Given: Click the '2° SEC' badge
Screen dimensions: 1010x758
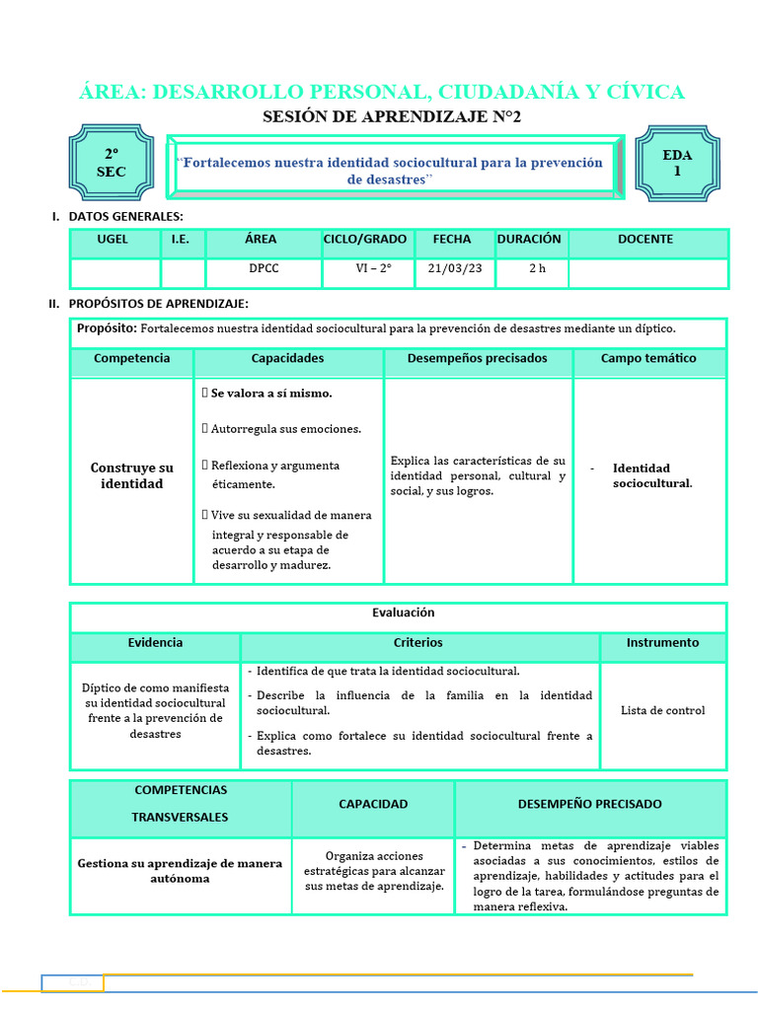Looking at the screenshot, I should (111, 164).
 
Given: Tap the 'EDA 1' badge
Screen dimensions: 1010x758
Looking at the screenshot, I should (677, 163).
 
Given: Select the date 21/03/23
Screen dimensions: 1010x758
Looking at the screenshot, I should (449, 268).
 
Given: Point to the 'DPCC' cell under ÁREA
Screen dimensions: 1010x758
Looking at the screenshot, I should (263, 268).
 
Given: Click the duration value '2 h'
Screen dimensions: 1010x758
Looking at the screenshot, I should (536, 268).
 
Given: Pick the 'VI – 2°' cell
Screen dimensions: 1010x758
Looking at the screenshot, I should (373, 268).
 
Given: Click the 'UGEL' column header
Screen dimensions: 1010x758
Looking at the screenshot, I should (113, 240).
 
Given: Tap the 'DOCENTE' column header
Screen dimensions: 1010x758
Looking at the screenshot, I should (645, 240).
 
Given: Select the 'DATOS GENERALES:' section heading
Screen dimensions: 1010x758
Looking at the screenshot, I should (125, 217).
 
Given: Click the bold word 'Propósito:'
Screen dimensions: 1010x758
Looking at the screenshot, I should (108, 328).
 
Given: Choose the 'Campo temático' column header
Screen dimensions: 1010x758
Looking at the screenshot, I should (648, 359).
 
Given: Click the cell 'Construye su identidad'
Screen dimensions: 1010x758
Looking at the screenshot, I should (131, 476).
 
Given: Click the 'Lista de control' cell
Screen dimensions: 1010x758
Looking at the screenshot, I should (662, 710).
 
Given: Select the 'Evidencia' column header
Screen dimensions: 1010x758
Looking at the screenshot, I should (155, 643).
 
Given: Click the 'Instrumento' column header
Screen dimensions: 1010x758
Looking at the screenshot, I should (662, 643).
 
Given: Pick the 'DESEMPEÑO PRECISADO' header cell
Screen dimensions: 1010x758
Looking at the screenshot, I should (589, 805).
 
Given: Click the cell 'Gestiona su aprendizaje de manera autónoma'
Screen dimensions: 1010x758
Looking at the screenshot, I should (180, 871).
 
